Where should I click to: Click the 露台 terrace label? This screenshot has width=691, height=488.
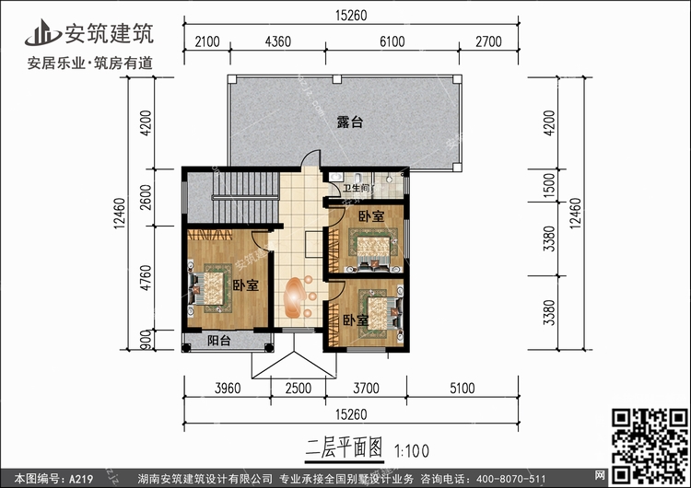click(x=348, y=122)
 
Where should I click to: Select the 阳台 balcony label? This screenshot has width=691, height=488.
click(x=218, y=342)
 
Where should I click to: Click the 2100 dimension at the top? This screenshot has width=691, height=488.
click(x=206, y=42)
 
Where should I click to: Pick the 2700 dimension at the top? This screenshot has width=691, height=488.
click(x=487, y=42)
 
